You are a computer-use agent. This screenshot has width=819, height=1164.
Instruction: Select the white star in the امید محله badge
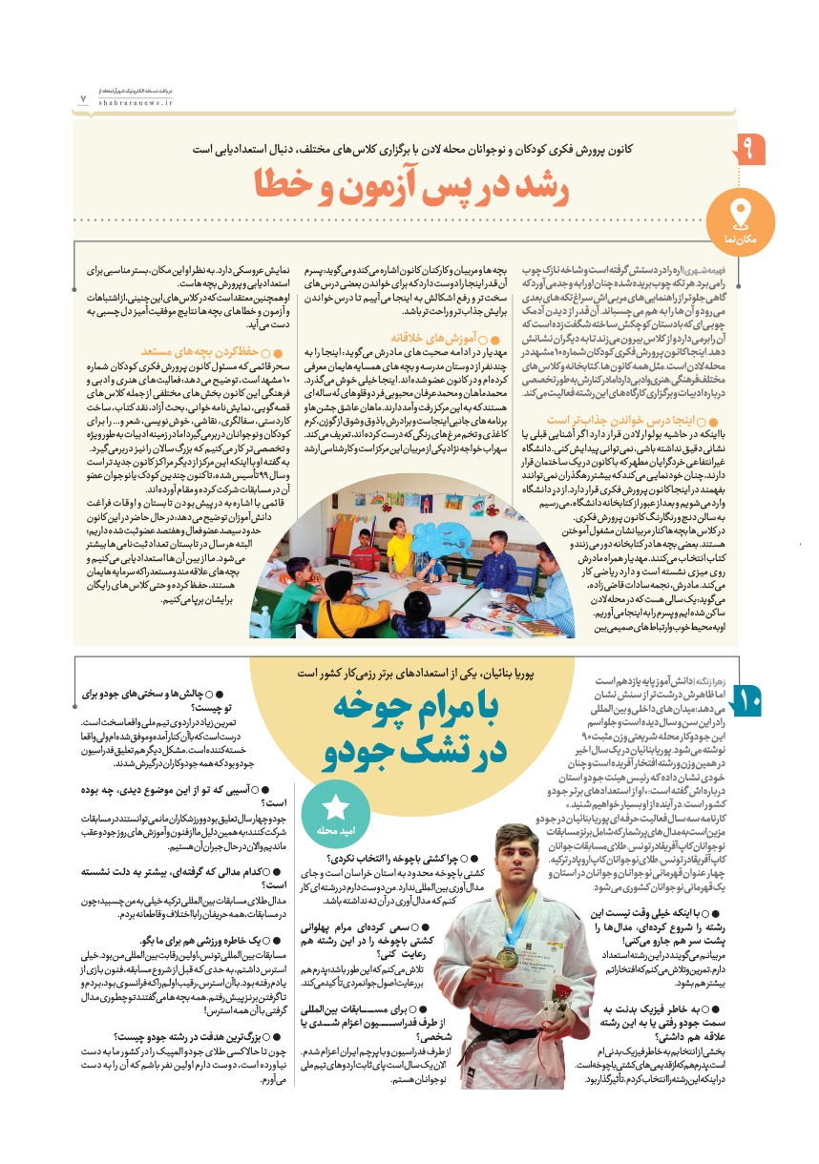click(x=336, y=781)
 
